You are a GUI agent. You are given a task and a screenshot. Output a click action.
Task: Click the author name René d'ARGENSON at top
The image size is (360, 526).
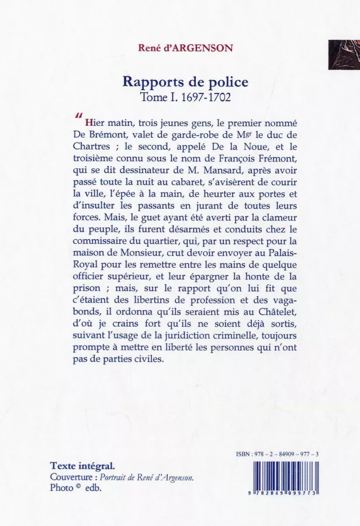(x=176, y=49)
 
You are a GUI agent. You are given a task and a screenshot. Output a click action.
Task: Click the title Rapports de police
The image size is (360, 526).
(x=177, y=82)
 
